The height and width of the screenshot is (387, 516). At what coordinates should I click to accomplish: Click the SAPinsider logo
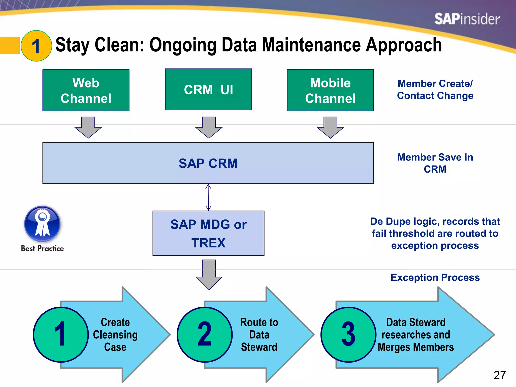[467, 19]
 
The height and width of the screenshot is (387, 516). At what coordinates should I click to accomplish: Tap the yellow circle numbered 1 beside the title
[36, 46]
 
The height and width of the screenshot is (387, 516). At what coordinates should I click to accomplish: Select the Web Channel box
[86, 90]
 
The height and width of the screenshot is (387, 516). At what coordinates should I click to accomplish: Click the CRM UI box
[208, 89]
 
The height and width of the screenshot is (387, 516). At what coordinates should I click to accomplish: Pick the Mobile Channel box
[330, 90]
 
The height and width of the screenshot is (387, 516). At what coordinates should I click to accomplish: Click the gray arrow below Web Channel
[88, 127]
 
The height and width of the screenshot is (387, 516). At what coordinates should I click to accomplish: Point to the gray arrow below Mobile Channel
[330, 127]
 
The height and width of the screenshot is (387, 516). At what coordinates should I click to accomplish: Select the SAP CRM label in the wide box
[208, 163]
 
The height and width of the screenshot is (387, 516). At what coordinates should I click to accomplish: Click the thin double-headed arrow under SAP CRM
[208, 197]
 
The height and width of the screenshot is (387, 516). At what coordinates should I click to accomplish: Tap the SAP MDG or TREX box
[208, 233]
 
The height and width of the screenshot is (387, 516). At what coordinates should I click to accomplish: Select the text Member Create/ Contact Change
[435, 89]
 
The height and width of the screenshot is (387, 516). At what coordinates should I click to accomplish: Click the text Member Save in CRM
[435, 163]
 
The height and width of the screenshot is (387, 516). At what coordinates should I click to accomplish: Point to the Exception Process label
[435, 277]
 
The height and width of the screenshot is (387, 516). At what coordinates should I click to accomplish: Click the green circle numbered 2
[205, 335]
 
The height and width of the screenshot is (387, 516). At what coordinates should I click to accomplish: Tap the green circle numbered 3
[348, 335]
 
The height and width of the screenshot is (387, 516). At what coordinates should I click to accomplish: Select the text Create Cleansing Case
[115, 335]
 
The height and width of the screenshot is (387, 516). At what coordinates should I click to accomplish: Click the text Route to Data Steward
[259, 335]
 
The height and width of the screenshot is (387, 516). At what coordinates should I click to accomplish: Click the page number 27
[500, 375]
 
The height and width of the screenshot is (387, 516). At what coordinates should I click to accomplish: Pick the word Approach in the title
[404, 45]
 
